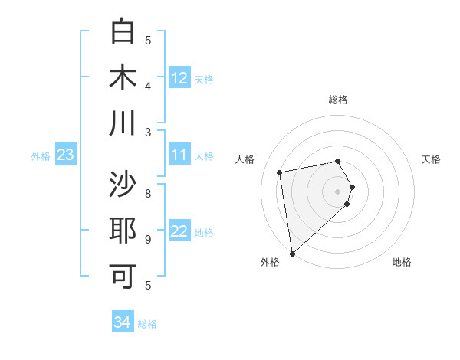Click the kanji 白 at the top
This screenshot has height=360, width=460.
pos(123,32)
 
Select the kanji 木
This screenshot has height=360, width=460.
pos(123,77)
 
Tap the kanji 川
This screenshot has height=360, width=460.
pos(123,123)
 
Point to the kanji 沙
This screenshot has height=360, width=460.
pos(123,185)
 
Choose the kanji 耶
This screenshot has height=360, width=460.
pos(123,231)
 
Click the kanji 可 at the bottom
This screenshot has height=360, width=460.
pos(123,276)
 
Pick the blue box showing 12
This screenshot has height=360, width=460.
pos(179,77)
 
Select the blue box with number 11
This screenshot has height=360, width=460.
pos(179,155)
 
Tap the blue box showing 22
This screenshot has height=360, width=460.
pos(179,232)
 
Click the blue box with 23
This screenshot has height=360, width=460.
pos(65,155)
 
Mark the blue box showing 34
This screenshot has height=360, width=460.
pos(122,322)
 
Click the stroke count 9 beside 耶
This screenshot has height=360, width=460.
pos(148,239)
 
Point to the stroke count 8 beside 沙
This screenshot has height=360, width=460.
pos(148,193)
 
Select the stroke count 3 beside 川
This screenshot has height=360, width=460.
pos(148,132)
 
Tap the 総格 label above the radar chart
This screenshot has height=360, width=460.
pos(338,100)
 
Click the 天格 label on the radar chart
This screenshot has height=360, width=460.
pos(432,159)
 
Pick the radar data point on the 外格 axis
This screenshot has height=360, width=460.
pos(292,254)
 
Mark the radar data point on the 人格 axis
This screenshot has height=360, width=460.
pos(280,172)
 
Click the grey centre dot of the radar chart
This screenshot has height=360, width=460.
pos(338,191)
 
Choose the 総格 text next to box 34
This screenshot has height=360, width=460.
pos(147,324)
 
